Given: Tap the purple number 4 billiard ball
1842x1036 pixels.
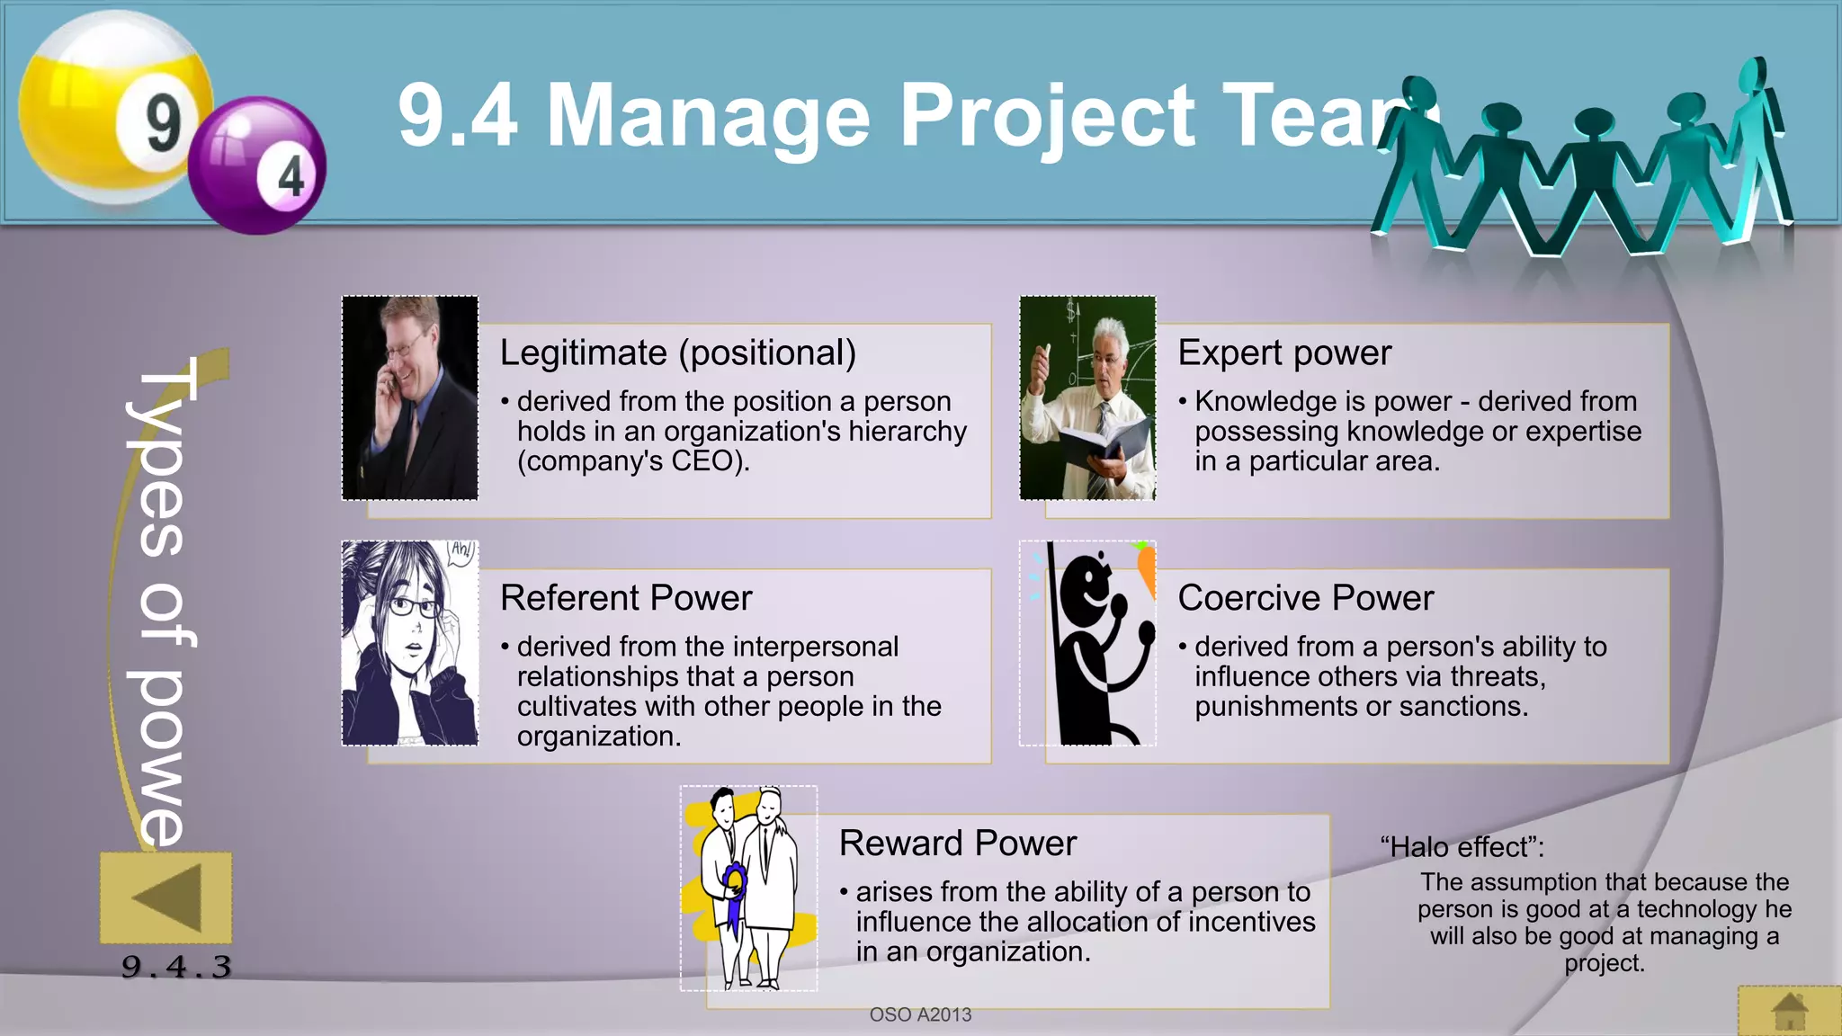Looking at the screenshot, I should (x=258, y=166).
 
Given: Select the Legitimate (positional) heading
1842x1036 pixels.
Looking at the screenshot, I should (x=677, y=353).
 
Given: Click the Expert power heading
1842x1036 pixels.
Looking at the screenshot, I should (x=1283, y=353).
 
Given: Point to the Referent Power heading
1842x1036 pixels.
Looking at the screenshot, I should (x=626, y=598).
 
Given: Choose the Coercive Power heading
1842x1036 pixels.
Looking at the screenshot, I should (x=1305, y=598).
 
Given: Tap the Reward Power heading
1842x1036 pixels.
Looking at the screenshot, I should (x=957, y=844).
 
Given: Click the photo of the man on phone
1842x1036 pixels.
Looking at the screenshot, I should (x=410, y=397).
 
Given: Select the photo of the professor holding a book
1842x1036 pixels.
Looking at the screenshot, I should (x=1087, y=397).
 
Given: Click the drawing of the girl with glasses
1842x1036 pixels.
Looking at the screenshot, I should (x=410, y=643).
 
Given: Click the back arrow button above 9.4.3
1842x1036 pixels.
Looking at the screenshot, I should (x=166, y=898).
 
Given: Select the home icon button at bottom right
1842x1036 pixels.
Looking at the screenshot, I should (x=1789, y=1012).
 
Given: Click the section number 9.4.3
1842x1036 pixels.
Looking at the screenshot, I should (x=176, y=968).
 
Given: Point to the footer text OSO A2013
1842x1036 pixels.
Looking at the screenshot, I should (x=920, y=1014).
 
